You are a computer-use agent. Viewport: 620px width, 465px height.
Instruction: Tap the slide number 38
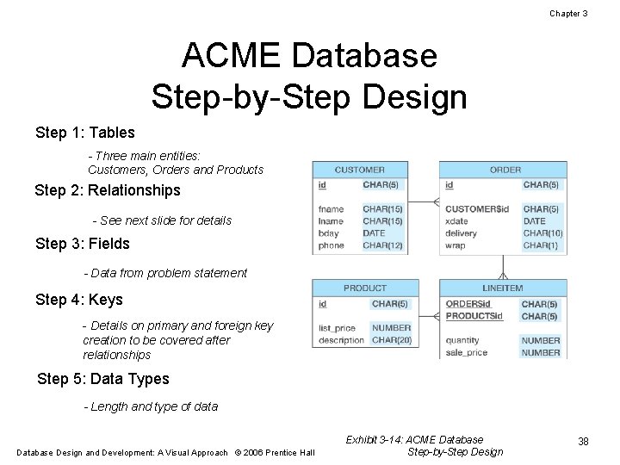[583, 442]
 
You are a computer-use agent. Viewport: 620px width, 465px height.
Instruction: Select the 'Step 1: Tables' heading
[85, 133]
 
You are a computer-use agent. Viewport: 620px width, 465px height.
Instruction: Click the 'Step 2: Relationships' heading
[108, 190]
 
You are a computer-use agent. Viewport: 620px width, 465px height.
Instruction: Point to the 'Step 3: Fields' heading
[83, 244]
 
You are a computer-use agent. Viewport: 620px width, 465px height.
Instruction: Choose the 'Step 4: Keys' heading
[79, 300]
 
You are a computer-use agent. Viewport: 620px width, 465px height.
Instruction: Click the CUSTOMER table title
[359, 170]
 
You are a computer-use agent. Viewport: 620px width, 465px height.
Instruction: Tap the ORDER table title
[505, 170]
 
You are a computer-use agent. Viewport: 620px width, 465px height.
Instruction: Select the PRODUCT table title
[365, 288]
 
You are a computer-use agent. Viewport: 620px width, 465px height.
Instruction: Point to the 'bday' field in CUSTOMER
[329, 233]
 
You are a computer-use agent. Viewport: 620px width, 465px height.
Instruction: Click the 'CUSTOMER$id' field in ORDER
[477, 209]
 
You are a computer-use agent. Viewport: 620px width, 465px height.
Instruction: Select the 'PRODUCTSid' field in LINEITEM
[474, 316]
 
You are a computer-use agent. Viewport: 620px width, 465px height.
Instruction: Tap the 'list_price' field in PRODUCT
[337, 328]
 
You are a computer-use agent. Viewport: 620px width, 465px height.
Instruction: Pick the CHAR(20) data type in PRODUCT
[390, 340]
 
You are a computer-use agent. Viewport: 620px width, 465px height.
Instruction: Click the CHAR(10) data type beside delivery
[542, 233]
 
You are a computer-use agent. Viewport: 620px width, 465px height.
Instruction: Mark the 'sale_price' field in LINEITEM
[467, 352]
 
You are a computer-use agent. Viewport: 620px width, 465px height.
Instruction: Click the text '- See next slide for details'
[162, 220]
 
